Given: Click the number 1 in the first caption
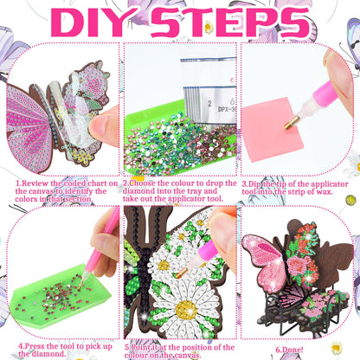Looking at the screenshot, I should pos(18,184).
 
